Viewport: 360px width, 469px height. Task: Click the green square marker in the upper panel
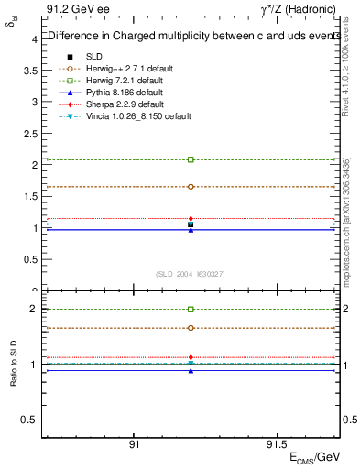point(191,159)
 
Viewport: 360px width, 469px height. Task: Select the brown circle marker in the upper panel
point(191,186)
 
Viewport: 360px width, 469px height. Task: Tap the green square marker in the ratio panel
point(191,310)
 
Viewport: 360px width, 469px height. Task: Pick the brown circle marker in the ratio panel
point(191,327)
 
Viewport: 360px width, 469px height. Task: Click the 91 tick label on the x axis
point(135,444)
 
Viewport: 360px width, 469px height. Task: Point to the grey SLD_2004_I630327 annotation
point(191,274)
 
